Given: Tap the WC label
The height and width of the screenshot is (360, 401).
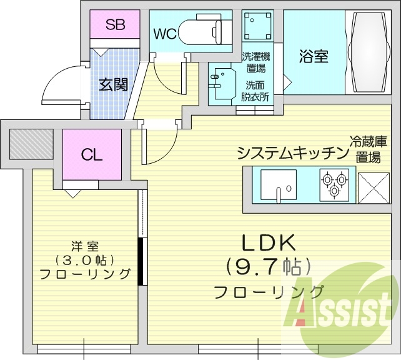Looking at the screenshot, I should [x=165, y=33].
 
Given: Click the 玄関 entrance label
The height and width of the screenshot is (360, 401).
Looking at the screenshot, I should [x=113, y=83].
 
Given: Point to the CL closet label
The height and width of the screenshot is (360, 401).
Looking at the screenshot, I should [x=91, y=155].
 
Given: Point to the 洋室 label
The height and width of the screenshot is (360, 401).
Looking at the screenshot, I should [x=84, y=246].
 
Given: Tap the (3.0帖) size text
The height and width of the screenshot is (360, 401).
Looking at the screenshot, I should [x=84, y=260].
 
